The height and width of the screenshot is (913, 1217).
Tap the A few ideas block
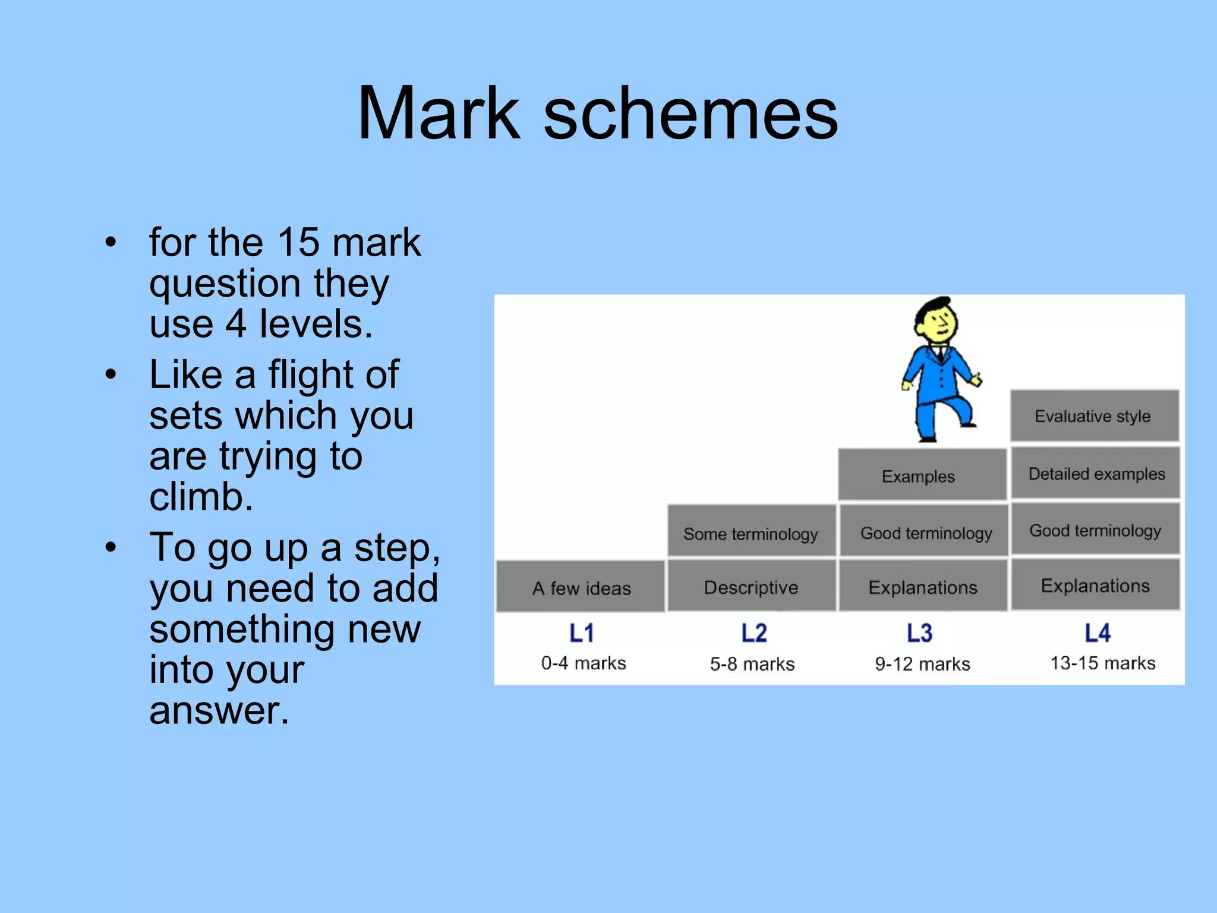[581, 587]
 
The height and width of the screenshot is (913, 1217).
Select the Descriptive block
[751, 587]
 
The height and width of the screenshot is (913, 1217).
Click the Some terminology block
[751, 533]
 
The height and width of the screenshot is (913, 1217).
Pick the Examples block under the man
[920, 476]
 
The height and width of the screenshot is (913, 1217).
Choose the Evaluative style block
[1093, 416]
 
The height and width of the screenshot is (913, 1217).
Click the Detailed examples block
[1096, 474]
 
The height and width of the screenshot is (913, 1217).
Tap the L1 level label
[582, 634]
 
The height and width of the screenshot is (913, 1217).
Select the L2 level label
[753, 634]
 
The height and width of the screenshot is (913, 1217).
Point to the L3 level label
[919, 634]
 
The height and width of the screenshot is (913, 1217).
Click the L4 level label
[1097, 634]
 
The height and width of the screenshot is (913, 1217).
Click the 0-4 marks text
[584, 663]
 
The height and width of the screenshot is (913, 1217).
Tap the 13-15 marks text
[1102, 663]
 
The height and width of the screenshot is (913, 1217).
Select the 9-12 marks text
[922, 664]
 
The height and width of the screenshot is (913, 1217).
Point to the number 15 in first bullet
[299, 243]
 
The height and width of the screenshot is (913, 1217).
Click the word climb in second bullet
[201, 497]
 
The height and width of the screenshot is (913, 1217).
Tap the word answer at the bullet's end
[219, 711]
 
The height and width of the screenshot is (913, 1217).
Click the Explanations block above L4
[1095, 586]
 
